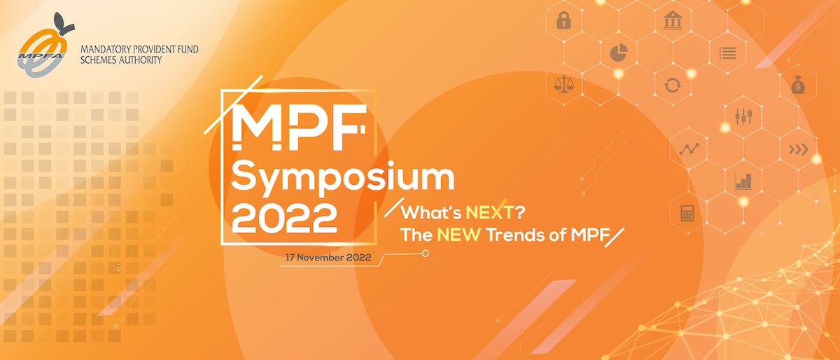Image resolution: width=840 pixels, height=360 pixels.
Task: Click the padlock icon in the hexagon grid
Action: click(x=563, y=20)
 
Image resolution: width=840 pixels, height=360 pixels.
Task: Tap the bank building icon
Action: click(x=673, y=20)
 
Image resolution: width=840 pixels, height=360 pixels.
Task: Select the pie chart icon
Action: click(x=619, y=53)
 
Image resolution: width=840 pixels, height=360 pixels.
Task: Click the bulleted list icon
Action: click(x=727, y=53)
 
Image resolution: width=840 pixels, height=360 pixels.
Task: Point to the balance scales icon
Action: click(x=564, y=84)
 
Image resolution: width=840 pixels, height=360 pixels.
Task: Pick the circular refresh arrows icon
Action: click(x=673, y=85)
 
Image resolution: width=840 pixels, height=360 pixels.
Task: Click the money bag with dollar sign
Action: click(x=798, y=85)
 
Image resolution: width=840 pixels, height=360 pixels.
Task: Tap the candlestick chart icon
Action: click(x=743, y=116)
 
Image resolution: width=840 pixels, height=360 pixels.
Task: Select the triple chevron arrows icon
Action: click(x=799, y=149)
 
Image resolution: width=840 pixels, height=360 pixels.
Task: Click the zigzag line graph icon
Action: click(x=689, y=149)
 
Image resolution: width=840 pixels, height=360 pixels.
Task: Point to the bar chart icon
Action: click(x=743, y=181)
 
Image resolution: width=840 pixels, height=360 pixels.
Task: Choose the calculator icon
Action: click(x=687, y=213)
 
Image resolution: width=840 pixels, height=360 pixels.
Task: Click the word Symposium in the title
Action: click(x=343, y=178)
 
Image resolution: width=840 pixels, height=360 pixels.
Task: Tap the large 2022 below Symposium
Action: click(x=284, y=219)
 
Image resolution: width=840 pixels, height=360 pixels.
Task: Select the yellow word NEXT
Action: click(x=490, y=212)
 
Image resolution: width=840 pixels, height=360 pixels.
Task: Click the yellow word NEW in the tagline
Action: click(x=459, y=235)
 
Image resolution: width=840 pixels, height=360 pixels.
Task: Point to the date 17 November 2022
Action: click(x=328, y=258)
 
